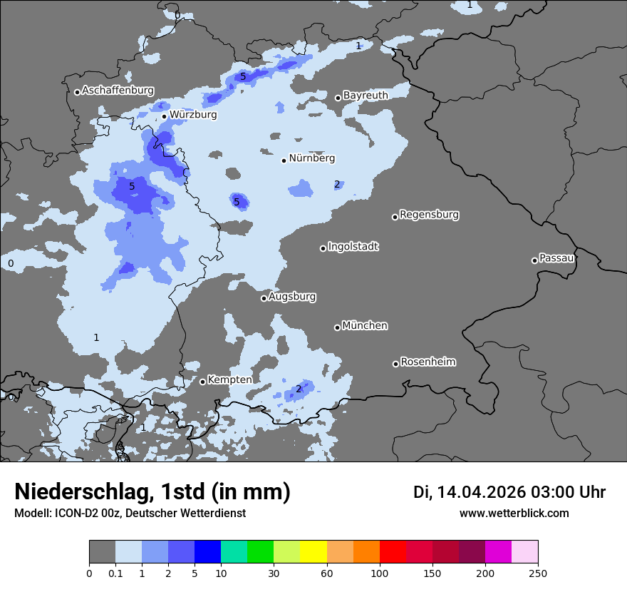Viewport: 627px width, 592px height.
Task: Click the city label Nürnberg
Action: pos(311,158)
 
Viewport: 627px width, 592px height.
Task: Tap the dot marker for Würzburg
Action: pos(164,116)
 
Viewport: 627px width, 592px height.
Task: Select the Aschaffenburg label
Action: pos(118,91)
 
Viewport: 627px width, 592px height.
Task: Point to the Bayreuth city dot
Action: pos(338,98)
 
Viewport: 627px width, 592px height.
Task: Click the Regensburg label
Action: pos(429,215)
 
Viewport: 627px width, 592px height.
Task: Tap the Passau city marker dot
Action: pos(534,260)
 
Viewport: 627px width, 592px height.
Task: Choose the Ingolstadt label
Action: pos(353,247)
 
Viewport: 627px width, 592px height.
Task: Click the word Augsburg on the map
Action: pos(292,297)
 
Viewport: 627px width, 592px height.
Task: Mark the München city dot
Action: pos(337,327)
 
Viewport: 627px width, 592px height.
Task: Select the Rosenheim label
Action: pos(427,362)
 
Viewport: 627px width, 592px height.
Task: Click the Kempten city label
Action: pos(229,380)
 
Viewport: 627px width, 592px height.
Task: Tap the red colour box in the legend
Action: pos(393,552)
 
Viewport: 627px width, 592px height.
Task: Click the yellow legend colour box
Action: pos(313,552)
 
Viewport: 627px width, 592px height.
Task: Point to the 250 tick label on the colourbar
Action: pos(538,573)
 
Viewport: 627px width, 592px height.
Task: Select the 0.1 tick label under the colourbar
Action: pos(115,573)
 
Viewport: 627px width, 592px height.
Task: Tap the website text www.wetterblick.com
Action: pos(514,514)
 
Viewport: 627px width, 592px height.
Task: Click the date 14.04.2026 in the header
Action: pos(481,492)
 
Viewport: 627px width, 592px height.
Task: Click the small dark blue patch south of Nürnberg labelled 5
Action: pos(240,200)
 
